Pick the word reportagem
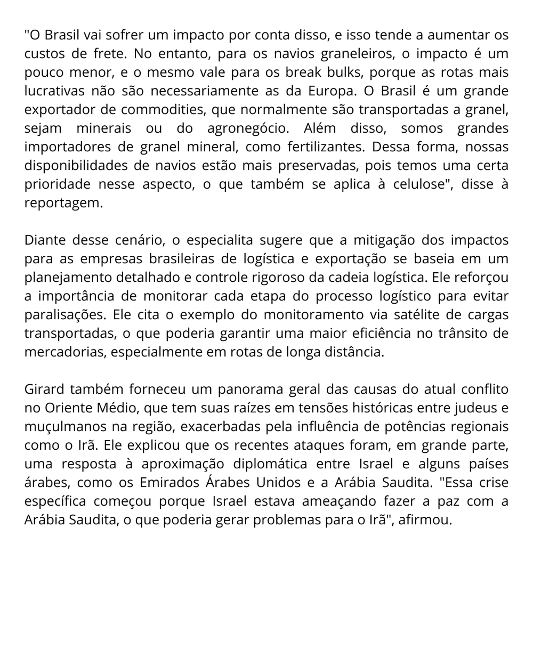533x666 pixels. pos(63,203)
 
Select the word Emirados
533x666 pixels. pos(169,483)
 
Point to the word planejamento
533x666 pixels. pos(67,278)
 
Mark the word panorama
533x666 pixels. pos(250,389)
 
